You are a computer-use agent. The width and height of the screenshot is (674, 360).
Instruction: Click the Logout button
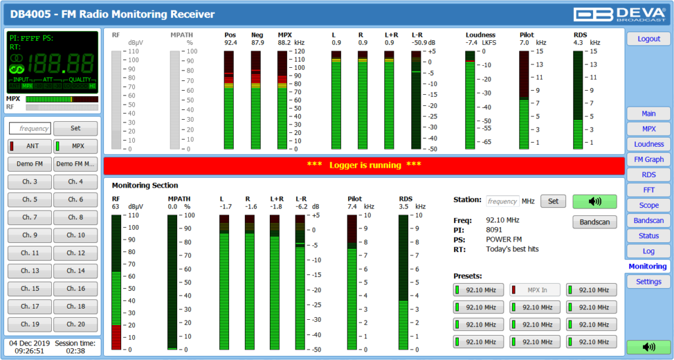tap(648, 39)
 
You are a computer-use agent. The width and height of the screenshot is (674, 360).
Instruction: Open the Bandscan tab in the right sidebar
tap(648, 220)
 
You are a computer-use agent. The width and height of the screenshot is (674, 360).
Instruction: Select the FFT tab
tap(648, 190)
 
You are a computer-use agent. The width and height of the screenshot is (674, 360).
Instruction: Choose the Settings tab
tap(648, 282)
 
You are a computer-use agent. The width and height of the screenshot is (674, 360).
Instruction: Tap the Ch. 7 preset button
tap(30, 217)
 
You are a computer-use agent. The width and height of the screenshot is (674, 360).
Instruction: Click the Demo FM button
tap(30, 164)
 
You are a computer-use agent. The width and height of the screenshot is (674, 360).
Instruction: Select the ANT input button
tap(30, 146)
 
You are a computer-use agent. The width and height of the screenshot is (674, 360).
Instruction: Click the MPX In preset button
tap(534, 290)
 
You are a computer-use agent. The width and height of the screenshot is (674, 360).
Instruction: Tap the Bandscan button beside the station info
tap(594, 222)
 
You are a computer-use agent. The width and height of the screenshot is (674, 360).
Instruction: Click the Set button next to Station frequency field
tap(553, 201)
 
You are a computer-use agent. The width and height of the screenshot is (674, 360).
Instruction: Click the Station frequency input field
tap(503, 201)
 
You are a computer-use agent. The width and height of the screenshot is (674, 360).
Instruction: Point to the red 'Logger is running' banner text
tap(363, 165)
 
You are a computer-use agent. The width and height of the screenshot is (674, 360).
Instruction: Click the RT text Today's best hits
tap(513, 249)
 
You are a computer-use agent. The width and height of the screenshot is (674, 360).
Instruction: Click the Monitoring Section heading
tap(145, 186)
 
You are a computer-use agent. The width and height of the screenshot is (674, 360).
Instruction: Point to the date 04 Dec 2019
tap(26, 343)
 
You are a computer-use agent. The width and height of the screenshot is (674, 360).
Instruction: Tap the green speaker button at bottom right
tap(648, 347)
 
